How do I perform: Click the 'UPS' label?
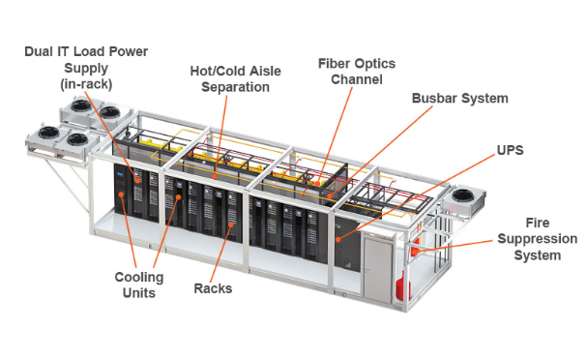[511, 152]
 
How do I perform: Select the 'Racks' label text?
[212, 287]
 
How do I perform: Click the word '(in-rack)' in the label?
[86, 83]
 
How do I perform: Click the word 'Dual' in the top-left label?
[41, 52]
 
